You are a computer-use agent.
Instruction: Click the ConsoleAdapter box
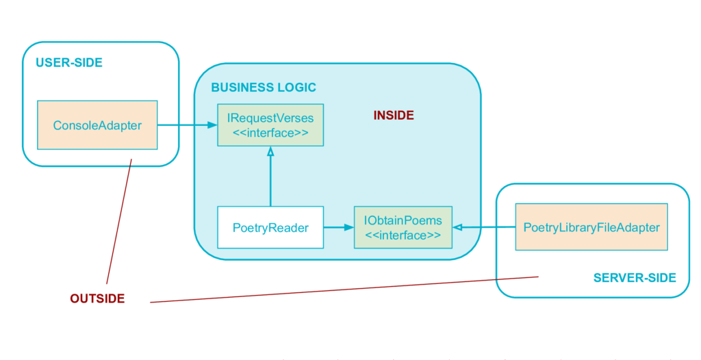97,125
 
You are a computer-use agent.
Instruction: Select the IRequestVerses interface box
270,125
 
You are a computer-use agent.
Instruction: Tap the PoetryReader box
270,227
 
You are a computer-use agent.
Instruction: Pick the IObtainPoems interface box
403,227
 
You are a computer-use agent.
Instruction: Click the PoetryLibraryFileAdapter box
591,227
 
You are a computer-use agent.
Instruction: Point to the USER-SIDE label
69,62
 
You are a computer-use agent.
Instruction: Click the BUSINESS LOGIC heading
264,87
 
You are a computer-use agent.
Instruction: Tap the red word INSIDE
394,116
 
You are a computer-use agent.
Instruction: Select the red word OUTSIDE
97,298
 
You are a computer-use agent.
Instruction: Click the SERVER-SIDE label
635,278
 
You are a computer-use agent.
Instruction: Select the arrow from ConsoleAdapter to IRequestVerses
188,125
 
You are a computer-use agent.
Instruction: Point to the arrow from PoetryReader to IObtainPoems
339,228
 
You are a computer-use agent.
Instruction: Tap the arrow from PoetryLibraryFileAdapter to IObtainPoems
484,228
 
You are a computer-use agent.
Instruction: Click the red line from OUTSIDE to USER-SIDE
119,221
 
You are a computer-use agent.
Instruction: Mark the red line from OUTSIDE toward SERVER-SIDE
344,290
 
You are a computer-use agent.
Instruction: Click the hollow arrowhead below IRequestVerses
270,151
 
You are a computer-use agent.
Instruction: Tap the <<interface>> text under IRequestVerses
270,133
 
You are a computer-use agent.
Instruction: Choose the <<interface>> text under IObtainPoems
403,235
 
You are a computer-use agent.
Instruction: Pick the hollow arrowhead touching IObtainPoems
457,228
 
